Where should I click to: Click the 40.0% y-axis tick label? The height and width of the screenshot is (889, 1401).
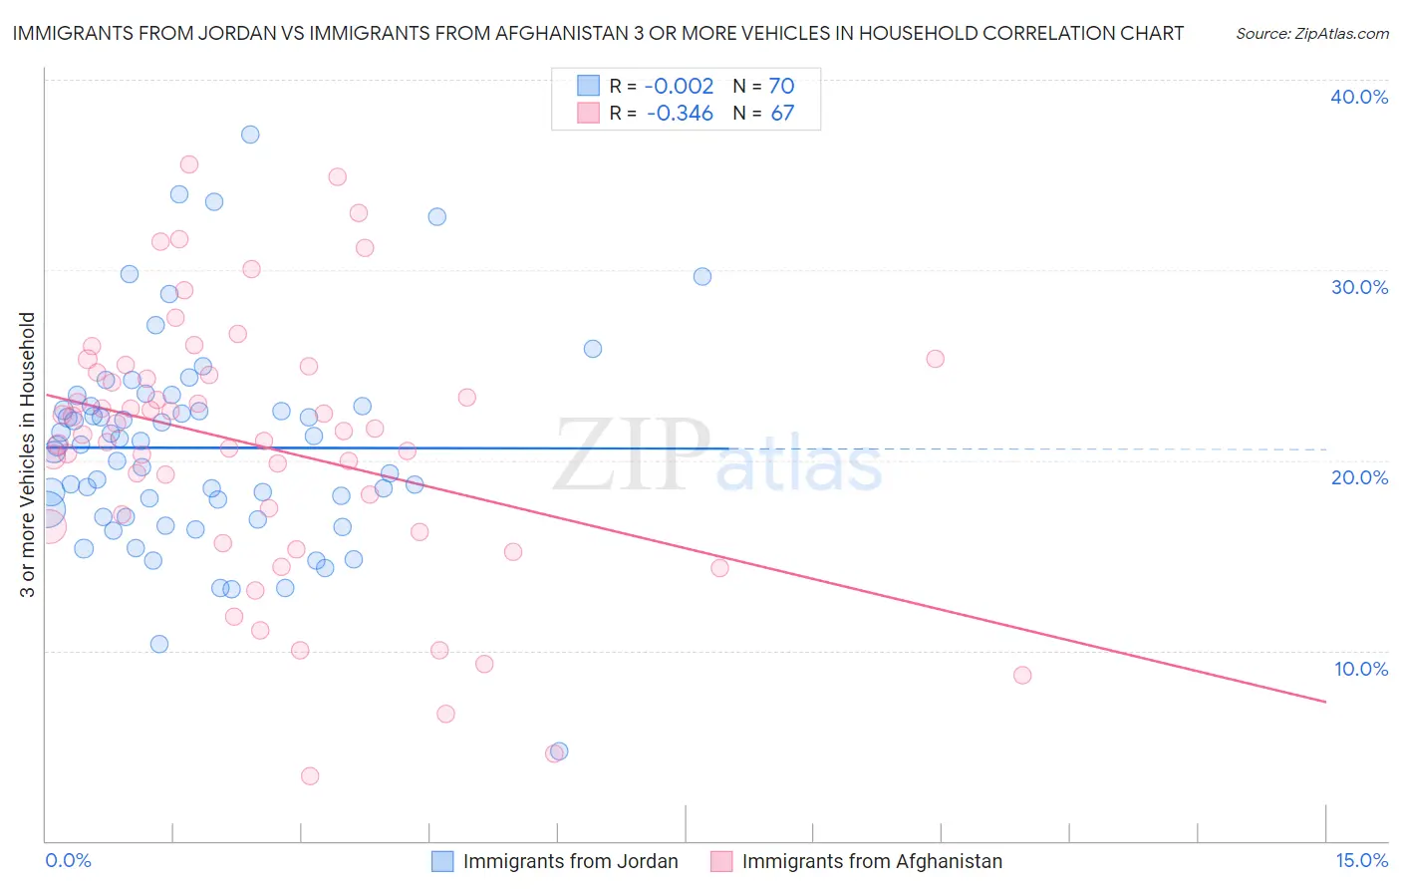1359,97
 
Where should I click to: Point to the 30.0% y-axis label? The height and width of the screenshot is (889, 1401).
1359,287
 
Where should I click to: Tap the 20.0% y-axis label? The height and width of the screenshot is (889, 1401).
1359,477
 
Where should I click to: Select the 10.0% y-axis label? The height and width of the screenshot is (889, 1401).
1361,669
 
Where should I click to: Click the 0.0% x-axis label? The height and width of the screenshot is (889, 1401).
68,860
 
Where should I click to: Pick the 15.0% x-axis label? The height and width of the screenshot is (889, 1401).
1361,860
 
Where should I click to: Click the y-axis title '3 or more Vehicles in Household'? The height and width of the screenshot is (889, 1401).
27,454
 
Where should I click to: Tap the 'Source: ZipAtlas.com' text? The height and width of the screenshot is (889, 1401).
1311,34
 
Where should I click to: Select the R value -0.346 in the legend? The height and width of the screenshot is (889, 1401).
680,114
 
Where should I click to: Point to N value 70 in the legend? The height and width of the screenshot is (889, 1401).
781,86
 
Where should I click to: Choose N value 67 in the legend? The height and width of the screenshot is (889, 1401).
782,114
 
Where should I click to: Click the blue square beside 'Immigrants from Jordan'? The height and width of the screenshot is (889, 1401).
442,861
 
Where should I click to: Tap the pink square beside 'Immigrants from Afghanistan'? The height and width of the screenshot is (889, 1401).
721,861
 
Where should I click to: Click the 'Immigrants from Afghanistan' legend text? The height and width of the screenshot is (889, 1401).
872,861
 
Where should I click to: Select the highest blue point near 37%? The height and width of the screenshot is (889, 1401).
250,135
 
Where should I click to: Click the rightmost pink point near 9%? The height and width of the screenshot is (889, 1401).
1022,675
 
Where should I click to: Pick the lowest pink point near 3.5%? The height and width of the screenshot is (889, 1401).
310,776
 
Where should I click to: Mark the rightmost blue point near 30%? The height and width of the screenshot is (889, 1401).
702,277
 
